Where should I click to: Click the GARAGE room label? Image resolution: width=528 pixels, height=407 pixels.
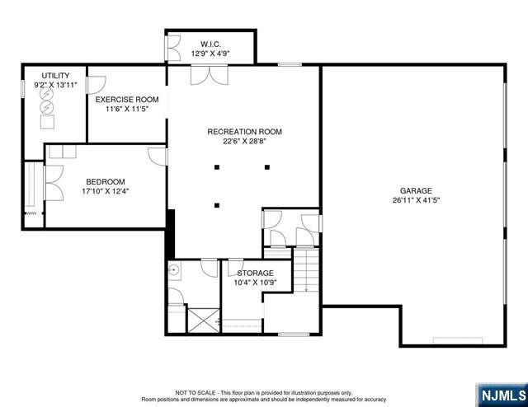tap(416, 190)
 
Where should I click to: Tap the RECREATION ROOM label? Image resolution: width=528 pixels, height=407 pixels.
tap(244, 132)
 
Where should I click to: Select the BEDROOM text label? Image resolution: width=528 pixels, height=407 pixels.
tap(106, 181)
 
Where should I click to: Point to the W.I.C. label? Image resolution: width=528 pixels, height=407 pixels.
tap(211, 44)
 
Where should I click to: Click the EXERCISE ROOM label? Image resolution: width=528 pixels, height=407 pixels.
tap(127, 100)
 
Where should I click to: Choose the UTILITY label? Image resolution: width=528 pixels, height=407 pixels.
tap(55, 75)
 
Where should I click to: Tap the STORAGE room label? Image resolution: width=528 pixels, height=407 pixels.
tap(255, 273)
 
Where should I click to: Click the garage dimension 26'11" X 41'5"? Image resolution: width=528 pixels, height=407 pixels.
tap(416, 200)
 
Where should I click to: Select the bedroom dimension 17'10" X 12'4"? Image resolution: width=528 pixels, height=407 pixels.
tap(106, 191)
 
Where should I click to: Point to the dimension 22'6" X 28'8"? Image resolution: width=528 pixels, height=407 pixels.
tap(244, 141)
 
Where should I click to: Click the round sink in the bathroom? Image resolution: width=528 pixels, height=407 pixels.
tap(174, 269)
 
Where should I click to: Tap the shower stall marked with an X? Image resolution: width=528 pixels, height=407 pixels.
tap(204, 320)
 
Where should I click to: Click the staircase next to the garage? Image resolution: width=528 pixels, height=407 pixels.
tap(306, 270)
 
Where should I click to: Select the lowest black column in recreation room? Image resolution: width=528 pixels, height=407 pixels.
tap(217, 205)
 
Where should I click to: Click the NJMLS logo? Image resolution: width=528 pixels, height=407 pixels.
tap(502, 395)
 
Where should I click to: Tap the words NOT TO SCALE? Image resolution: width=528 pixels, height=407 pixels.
tap(196, 392)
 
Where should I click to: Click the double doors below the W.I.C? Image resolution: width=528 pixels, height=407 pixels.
tap(210, 75)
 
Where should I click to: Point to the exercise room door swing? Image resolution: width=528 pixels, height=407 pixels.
tap(96, 85)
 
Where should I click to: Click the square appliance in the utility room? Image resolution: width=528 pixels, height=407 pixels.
tap(47, 122)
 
